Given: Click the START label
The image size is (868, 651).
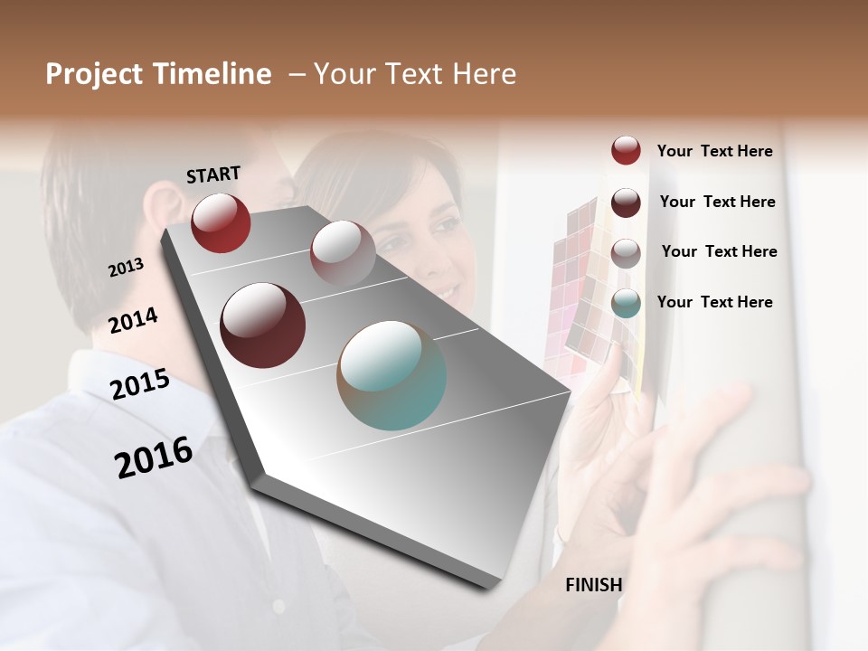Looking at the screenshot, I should pos(213,175).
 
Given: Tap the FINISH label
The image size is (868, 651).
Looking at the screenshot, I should pos(594,585).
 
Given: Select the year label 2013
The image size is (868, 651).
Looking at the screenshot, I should pos(127,268).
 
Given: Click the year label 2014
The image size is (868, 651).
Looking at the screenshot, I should pos(134,320).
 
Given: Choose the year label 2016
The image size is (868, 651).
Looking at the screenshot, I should pos(154,457).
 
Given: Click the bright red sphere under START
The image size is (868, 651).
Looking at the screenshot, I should pos(221,222).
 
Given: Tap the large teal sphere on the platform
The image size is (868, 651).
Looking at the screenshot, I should pos(392,375).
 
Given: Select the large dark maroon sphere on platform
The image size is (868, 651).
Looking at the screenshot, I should pos(263,325).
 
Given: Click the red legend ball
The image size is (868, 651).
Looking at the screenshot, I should pos(626,150).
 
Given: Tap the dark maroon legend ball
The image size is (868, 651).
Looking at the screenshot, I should pos(626,203).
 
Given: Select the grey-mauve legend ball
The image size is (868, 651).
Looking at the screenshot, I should pos(626,253).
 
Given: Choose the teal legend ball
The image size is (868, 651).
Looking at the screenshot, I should pos(626,303).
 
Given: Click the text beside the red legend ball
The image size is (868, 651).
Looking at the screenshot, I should pos(714,151).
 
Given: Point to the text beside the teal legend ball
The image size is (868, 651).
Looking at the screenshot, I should pos(714,302).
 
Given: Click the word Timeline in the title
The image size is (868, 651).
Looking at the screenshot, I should pos(212,74).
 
